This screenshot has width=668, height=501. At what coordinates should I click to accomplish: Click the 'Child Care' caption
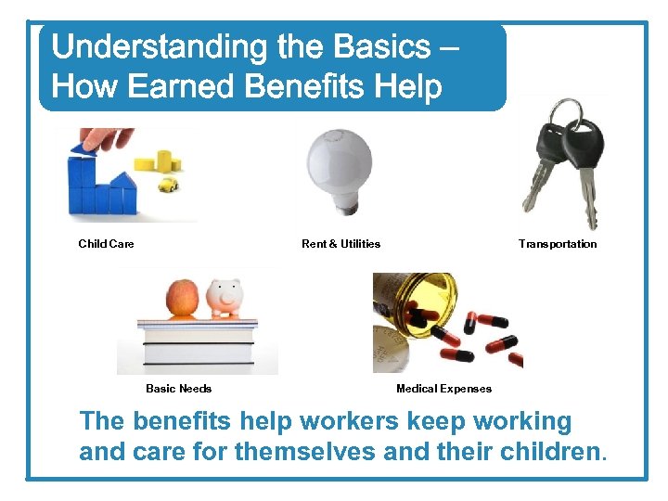106,244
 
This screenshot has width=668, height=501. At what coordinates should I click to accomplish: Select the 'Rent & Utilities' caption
340,244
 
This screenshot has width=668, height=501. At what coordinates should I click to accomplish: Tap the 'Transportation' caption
558,244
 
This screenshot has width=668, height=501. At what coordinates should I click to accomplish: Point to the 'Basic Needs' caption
178,389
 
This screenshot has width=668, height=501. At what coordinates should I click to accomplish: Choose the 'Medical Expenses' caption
443,389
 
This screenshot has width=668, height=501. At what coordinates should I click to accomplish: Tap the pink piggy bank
225,298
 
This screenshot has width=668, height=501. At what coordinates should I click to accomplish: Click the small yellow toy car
168,186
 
